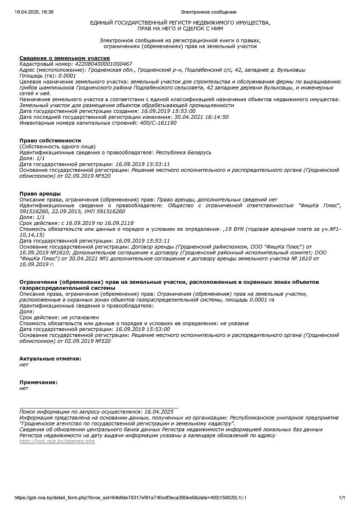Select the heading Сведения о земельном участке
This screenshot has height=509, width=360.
(x=65, y=58)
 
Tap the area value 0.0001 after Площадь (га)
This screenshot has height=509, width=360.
(x=67, y=76)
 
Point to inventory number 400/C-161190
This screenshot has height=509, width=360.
(x=158, y=123)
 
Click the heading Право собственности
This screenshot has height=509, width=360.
(x=50, y=140)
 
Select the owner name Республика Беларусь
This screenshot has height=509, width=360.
(x=183, y=152)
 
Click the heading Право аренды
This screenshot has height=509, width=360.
(x=40, y=193)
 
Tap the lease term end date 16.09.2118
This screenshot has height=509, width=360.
(x=119, y=223)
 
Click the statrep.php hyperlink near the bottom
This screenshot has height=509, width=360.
(x=57, y=442)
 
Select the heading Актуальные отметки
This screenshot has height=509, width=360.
(x=50, y=358)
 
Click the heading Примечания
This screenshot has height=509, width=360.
(x=38, y=382)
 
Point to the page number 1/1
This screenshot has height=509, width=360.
(x=342, y=498)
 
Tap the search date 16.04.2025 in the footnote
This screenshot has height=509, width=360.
(x=159, y=411)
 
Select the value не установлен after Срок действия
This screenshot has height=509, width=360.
(x=80, y=317)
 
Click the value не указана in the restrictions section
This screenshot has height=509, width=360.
(x=234, y=323)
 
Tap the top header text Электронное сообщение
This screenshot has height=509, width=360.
(x=208, y=12)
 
